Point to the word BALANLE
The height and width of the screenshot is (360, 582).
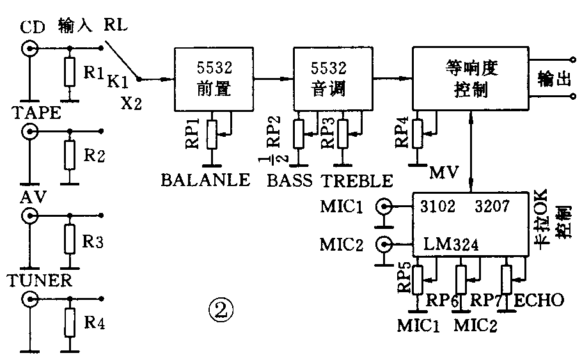coord(205,181)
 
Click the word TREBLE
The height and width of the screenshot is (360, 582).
coord(357,181)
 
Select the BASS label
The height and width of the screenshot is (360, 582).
coord(290,181)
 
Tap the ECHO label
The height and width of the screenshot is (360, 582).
coord(539,300)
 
